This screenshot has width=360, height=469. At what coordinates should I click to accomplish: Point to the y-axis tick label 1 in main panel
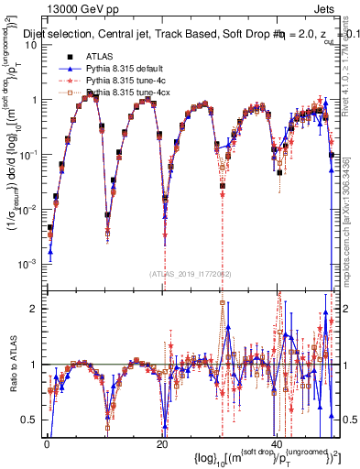[x=34, y=99]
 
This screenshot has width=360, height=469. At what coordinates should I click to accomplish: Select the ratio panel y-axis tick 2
[x=34, y=309]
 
